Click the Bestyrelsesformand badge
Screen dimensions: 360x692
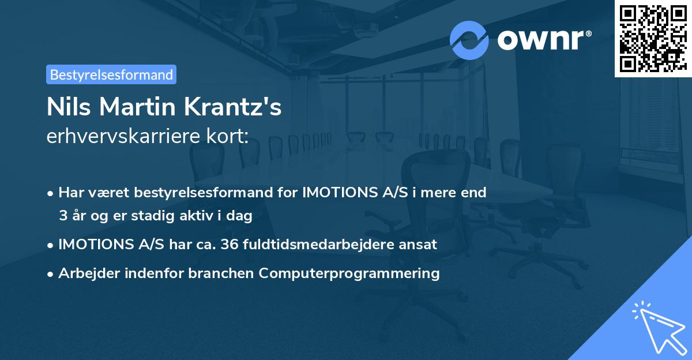(111, 74)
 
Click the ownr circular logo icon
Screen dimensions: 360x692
(469, 40)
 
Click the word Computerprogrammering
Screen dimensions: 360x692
(349, 273)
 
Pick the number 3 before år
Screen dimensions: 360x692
(62, 216)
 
